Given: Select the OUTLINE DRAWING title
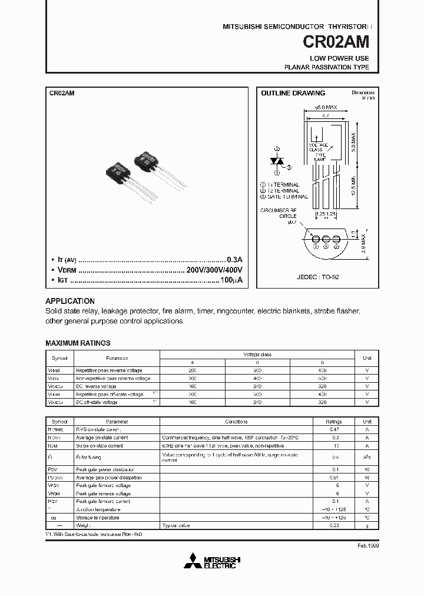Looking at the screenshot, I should pyautogui.click(x=293, y=93).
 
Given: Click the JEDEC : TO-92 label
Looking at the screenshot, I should pyautogui.click(x=319, y=276).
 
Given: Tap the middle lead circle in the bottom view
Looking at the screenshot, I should pyautogui.click(x=324, y=240).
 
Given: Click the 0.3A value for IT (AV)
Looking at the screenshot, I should pyautogui.click(x=234, y=260).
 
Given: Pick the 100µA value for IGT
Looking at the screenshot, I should pyautogui.click(x=230, y=280).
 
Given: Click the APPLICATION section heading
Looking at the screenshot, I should pyautogui.click(x=70, y=300).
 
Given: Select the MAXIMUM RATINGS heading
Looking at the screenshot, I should pyautogui.click(x=78, y=343).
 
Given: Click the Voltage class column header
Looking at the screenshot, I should pyautogui.click(x=257, y=355).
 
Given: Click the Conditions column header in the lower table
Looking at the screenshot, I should pyautogui.click(x=236, y=422).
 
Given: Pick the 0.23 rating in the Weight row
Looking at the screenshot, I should pyautogui.click(x=334, y=525).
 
